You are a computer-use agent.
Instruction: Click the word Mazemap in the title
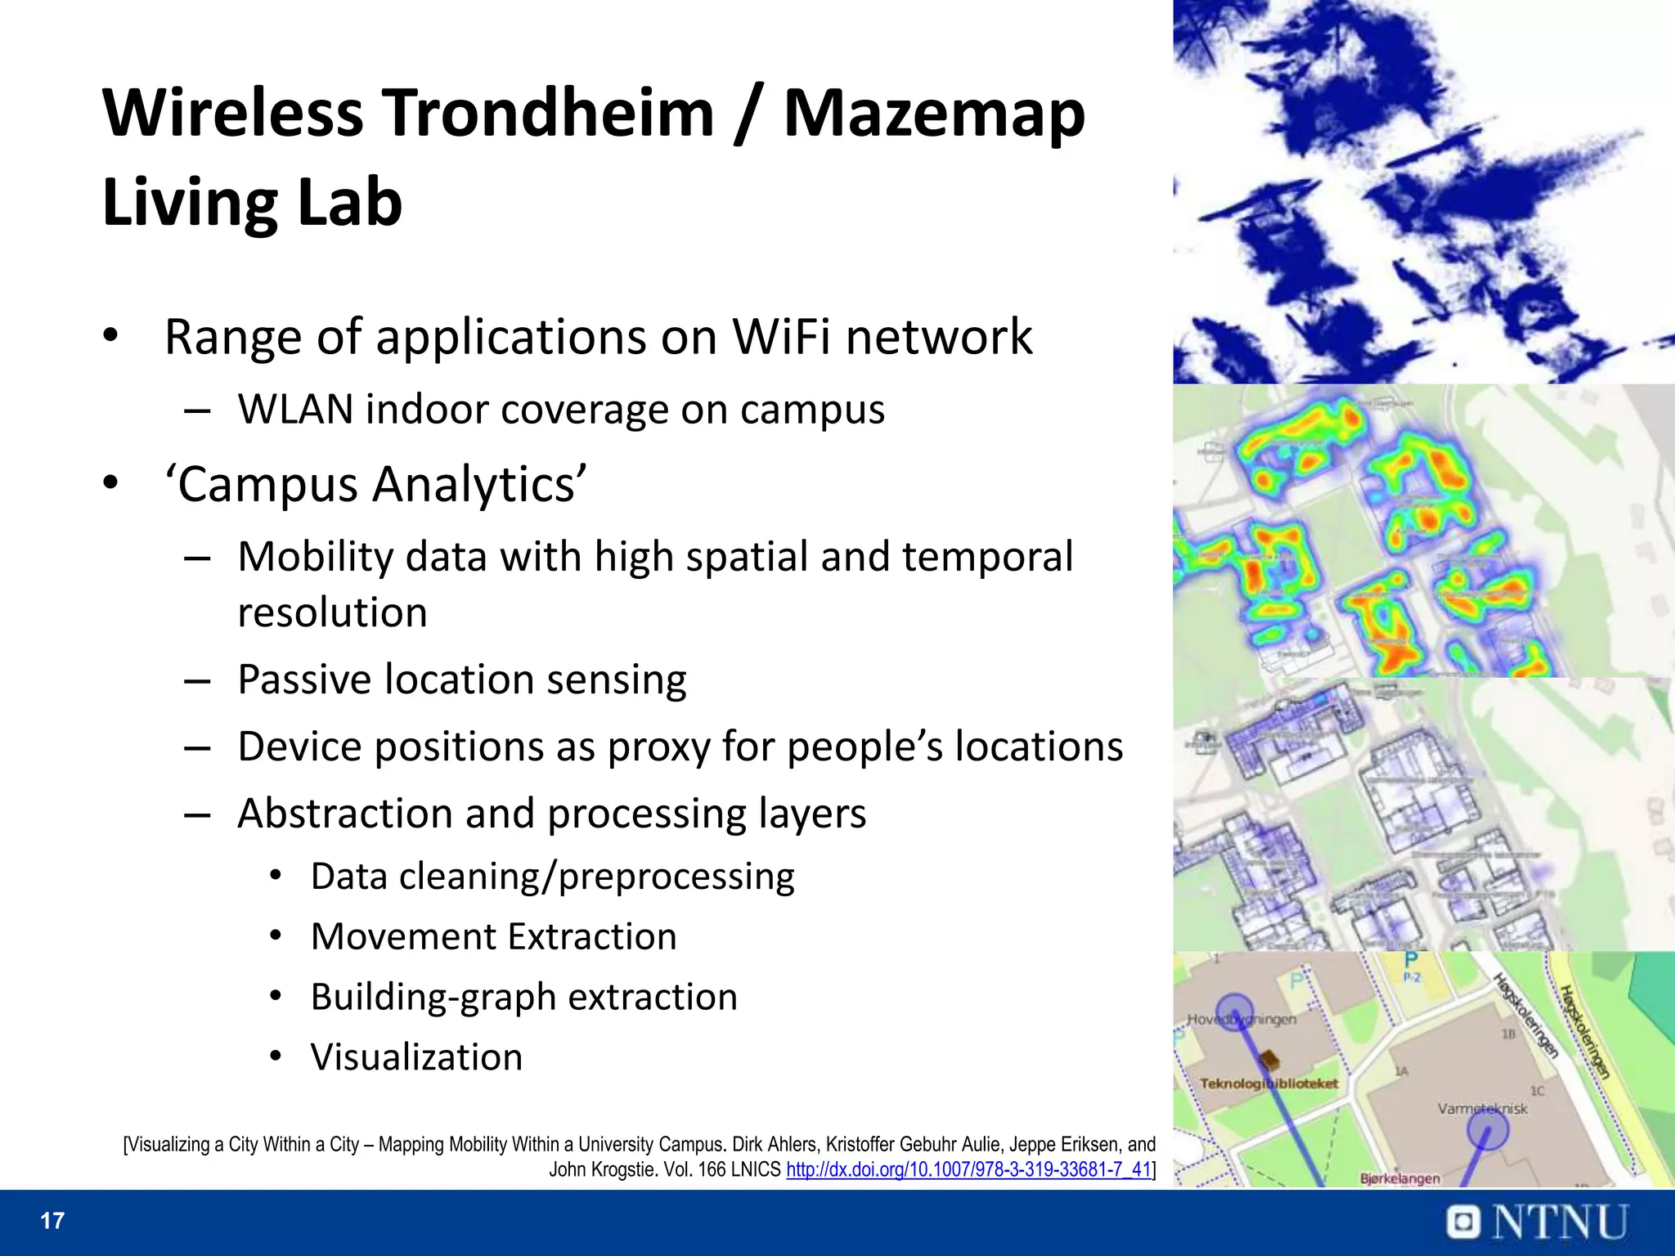click(934, 114)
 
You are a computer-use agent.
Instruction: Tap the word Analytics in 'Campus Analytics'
click(479, 484)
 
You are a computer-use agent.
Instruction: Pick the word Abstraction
click(344, 814)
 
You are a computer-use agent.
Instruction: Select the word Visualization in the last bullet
click(416, 1057)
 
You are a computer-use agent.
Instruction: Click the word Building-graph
click(432, 997)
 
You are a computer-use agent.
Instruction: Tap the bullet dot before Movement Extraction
click(276, 935)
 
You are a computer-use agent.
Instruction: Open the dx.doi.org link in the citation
click(968, 1169)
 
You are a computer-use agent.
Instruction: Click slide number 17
click(52, 1221)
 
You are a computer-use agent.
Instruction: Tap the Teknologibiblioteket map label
click(1269, 1084)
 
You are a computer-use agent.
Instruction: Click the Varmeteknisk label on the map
click(1482, 1109)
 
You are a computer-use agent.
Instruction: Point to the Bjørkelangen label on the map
click(1399, 1178)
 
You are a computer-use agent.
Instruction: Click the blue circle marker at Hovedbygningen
click(1234, 1012)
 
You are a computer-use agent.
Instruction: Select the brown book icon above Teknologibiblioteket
click(1269, 1061)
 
